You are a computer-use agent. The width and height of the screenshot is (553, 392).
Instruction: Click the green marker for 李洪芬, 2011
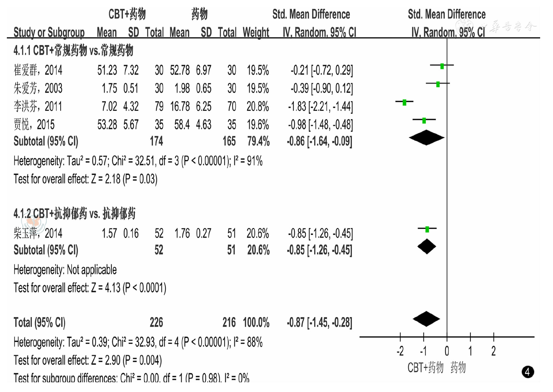click(x=404, y=102)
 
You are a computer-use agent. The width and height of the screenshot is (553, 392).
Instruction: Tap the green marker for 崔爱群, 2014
click(x=442, y=66)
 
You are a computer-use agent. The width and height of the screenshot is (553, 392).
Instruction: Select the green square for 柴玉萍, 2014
click(x=427, y=229)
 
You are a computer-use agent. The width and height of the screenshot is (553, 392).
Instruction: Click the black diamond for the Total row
click(x=426, y=319)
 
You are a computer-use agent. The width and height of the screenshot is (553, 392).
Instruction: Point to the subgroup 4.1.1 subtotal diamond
click(x=426, y=138)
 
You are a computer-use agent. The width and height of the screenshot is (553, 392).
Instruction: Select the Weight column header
click(x=256, y=33)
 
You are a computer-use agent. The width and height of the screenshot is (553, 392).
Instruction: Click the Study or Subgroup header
click(x=49, y=33)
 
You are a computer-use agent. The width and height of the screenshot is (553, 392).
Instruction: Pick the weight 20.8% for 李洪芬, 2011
click(x=257, y=107)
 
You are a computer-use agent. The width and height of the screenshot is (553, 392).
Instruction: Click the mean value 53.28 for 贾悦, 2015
click(x=107, y=125)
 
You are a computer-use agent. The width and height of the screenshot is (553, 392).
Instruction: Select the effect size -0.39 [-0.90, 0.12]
click(x=321, y=88)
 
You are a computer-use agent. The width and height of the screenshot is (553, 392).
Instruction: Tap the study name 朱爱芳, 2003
click(x=38, y=88)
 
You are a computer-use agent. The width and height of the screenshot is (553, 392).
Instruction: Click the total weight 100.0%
click(x=256, y=323)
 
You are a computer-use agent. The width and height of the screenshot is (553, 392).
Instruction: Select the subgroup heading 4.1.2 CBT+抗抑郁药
click(x=74, y=213)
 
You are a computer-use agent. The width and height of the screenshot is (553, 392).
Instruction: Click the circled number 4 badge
click(x=527, y=372)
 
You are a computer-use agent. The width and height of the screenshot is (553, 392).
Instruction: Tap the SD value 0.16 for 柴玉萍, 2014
click(x=131, y=233)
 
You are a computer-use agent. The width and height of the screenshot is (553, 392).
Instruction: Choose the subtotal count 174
click(x=156, y=141)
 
